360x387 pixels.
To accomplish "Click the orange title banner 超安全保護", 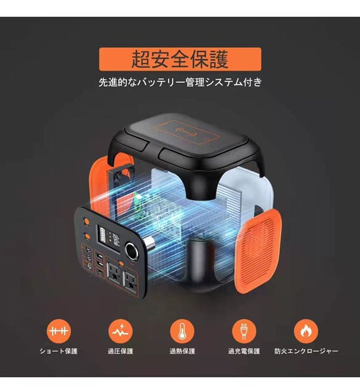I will coord(180,59).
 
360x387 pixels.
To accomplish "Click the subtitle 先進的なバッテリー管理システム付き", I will coord(180,83).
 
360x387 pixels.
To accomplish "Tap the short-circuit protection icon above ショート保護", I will coord(59,331).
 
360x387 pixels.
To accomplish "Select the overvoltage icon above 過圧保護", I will coord(120,331).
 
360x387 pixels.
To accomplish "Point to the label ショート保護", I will coord(59,351).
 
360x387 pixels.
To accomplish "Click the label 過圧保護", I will coord(120,351).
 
